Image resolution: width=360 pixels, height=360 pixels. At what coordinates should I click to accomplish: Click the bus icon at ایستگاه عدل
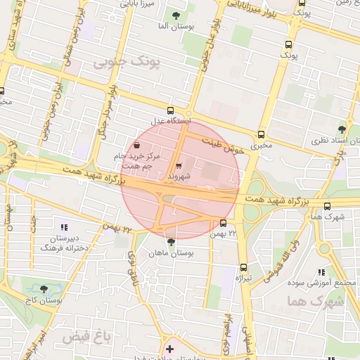(x=170, y=110)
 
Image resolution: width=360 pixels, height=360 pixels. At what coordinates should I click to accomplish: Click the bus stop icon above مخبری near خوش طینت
(x=262, y=134)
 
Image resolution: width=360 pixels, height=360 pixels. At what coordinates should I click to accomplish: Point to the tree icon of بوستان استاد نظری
(x=342, y=129)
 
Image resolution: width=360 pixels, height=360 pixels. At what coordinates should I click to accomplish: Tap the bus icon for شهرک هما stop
(x=328, y=205)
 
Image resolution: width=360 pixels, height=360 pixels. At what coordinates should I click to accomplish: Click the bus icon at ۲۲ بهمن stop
(x=223, y=224)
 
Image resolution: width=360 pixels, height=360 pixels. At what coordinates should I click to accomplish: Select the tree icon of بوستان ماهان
(x=170, y=241)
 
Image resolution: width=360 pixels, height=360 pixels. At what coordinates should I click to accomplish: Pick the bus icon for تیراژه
(x=244, y=267)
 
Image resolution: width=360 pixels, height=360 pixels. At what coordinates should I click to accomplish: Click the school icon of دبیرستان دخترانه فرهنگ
(x=65, y=227)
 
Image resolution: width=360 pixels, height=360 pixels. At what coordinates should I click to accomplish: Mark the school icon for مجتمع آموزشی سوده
(x=321, y=272)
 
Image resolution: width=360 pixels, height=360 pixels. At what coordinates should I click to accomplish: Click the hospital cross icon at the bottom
(x=169, y=348)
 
